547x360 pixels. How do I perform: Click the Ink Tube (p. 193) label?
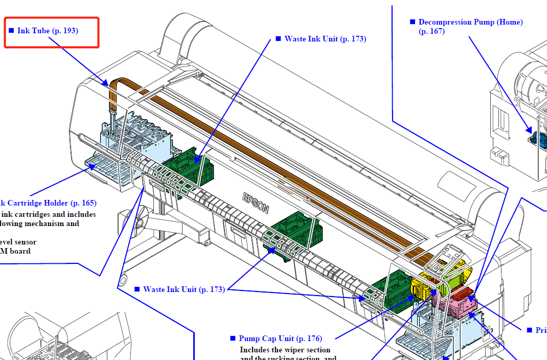(48, 31)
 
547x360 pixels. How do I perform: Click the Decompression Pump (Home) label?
(470, 22)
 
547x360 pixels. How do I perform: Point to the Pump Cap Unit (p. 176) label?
(280, 339)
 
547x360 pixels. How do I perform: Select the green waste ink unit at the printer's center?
(295, 233)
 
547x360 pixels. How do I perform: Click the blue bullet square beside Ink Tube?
(11, 31)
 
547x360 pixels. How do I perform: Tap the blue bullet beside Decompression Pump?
(413, 22)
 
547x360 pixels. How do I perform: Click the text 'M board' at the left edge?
(15, 251)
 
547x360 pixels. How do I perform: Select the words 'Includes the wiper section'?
(285, 350)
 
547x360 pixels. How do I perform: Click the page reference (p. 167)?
(431, 31)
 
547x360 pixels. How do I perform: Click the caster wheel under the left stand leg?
(122, 280)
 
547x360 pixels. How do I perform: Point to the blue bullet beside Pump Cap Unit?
(233, 339)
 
